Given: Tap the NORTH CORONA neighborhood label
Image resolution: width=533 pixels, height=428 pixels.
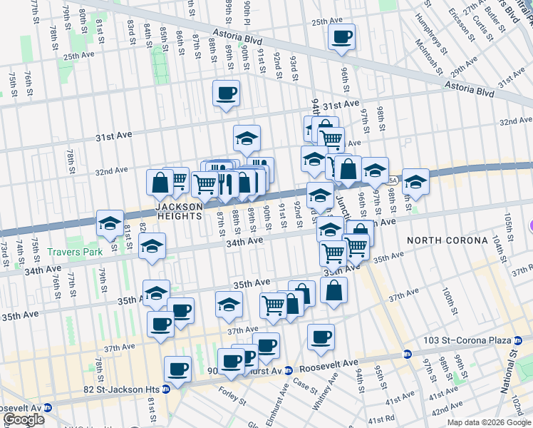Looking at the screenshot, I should (436, 240).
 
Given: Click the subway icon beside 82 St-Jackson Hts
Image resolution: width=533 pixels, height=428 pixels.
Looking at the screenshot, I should (165, 389).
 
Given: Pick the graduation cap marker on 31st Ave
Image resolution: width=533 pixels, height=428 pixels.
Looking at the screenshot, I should (247, 138).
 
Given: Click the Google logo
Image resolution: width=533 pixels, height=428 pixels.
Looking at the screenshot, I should (24, 419).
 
